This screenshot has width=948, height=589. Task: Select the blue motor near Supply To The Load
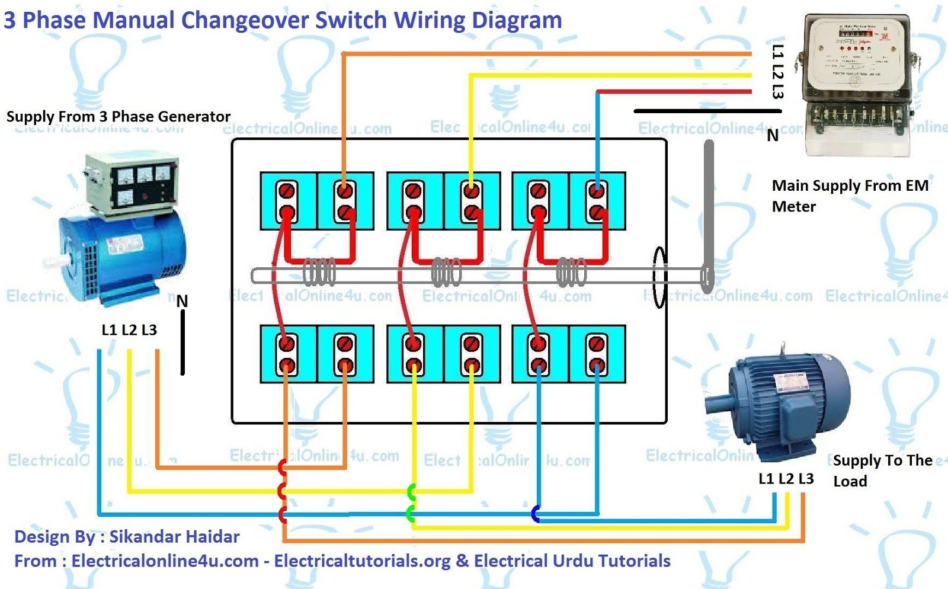click(x=782, y=403)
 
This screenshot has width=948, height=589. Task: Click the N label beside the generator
click(x=182, y=302)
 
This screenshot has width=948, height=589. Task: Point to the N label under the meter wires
click(x=773, y=136)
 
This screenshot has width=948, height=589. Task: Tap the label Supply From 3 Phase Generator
click(x=118, y=117)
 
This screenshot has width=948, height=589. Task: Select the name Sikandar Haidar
click(x=175, y=537)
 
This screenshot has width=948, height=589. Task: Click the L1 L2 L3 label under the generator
click(x=129, y=330)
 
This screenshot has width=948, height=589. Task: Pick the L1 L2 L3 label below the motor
click(x=786, y=479)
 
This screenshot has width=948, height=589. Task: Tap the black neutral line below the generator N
click(x=182, y=344)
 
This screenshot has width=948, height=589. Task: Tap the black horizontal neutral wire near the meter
click(x=705, y=111)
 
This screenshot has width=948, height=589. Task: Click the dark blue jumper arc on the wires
click(x=536, y=514)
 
